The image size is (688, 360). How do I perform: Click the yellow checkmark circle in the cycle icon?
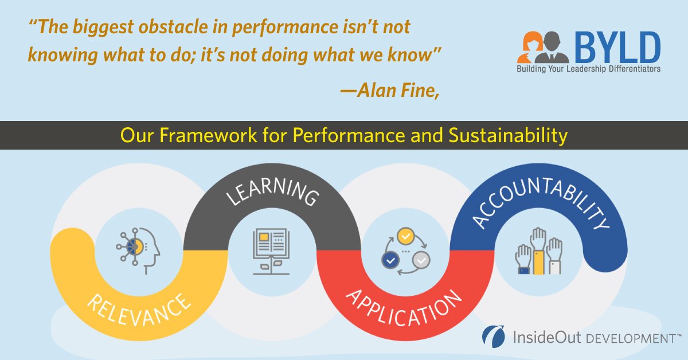click(405, 235)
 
